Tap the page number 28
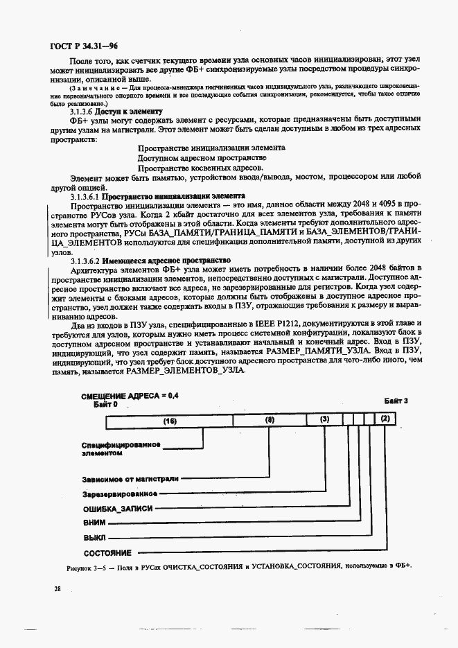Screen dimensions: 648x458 [58, 588]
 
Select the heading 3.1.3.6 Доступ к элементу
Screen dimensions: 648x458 [116, 111]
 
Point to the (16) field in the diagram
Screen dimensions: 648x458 [170, 420]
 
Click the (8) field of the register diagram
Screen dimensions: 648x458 [270, 420]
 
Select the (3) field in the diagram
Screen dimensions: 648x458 [324, 420]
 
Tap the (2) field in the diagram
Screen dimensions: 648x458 [385, 420]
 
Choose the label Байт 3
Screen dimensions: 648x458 [396, 401]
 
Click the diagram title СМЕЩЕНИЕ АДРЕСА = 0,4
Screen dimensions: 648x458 [130, 395]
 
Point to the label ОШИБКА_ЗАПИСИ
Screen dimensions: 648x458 [118, 509]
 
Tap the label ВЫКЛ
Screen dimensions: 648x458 [96, 538]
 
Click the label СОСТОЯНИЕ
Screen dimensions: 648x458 [107, 553]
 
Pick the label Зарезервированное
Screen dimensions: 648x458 [118, 494]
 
